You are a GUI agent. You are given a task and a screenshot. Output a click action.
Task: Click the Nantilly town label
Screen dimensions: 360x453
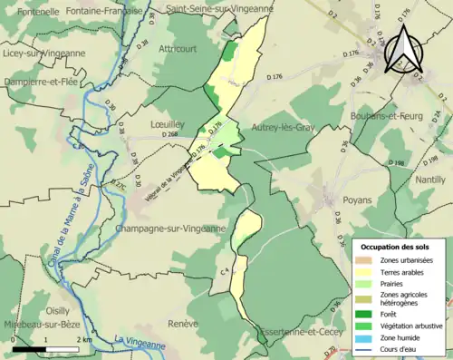tap(429, 180)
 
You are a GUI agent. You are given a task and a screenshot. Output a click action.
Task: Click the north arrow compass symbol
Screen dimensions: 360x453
tap(402, 50)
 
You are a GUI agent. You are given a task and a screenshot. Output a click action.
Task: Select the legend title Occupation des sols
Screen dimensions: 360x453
tap(395, 246)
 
